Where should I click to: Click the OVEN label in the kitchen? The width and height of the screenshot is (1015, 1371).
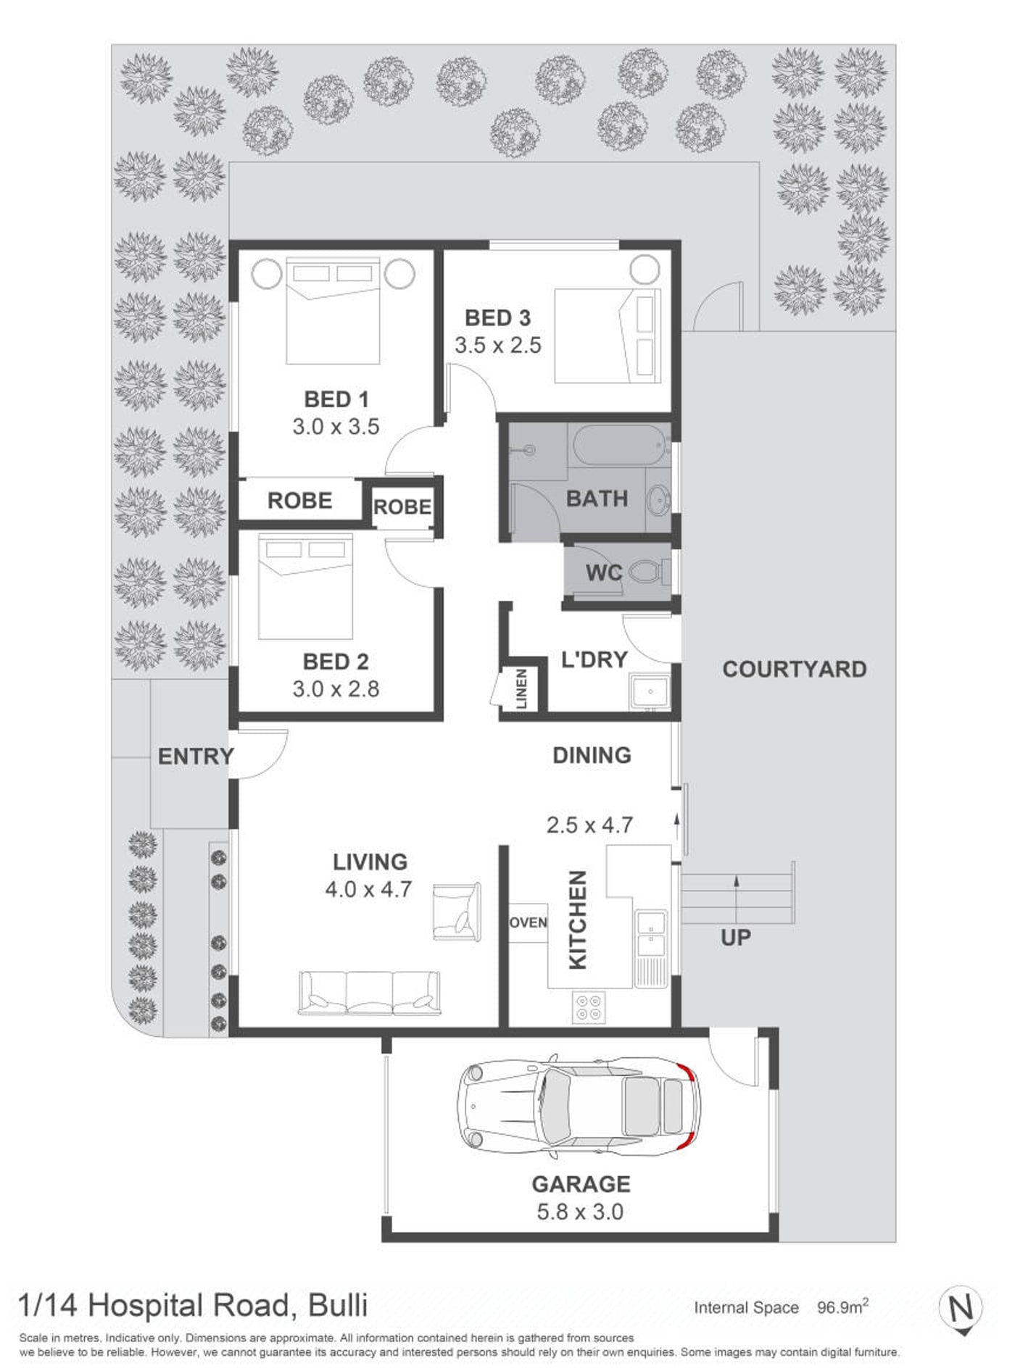(x=528, y=922)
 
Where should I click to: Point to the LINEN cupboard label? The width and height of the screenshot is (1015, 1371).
(x=522, y=688)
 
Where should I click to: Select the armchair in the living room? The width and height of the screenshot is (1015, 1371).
(x=457, y=912)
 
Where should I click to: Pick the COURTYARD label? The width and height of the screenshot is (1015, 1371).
(x=795, y=669)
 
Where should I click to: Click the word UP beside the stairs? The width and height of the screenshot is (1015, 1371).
(x=736, y=938)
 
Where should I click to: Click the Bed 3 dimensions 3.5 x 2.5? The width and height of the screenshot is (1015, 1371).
(x=498, y=345)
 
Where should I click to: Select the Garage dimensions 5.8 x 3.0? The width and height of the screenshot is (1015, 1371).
(x=580, y=1212)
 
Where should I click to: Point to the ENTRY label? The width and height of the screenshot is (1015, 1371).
(x=196, y=757)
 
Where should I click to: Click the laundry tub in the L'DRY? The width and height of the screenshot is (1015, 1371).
(x=650, y=693)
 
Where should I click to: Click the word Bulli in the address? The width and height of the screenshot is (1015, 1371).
(x=339, y=1305)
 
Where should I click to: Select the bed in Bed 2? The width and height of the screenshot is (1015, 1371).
(x=305, y=587)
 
